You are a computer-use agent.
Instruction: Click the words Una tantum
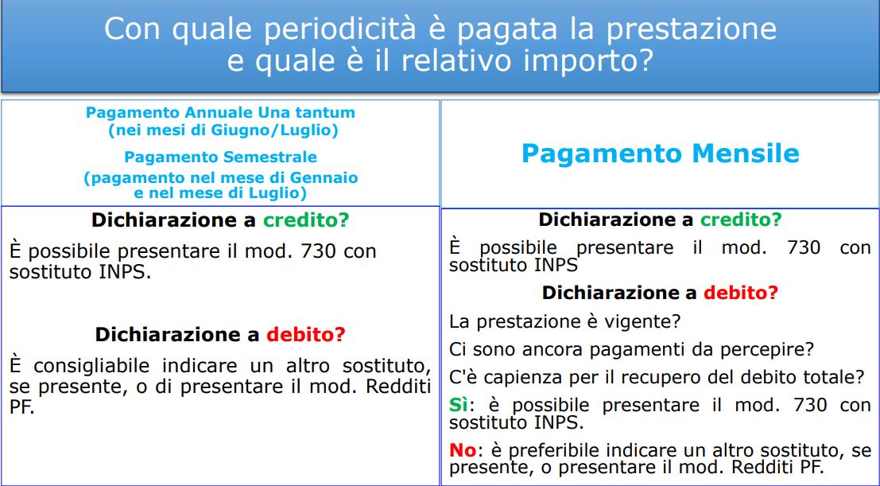tap(306, 112)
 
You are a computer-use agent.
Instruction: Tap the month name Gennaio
tap(323, 178)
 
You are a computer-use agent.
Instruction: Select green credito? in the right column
tap(741, 220)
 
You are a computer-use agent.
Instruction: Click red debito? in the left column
tap(306, 335)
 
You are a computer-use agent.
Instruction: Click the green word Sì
tap(459, 405)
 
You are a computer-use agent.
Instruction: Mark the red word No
tap(463, 450)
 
